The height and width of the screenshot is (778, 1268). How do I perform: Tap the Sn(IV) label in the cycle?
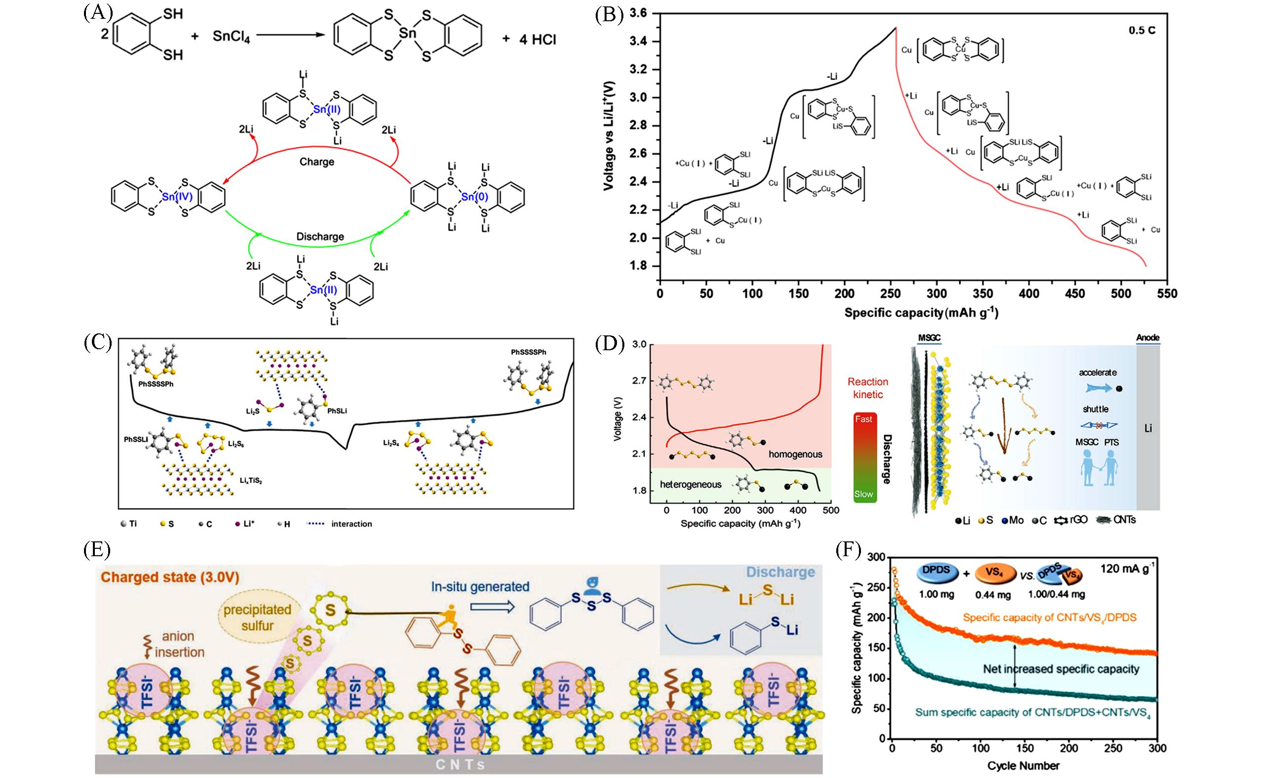point(177,197)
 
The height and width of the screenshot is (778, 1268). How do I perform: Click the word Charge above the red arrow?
point(317,162)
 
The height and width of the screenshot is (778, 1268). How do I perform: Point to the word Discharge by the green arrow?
point(320,237)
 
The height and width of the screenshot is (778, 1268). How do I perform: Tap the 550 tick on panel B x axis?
point(1167,294)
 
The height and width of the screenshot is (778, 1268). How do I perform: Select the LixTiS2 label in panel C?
point(251,481)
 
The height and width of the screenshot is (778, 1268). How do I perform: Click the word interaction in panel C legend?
point(352,524)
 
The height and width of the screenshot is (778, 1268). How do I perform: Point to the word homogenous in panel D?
point(795,454)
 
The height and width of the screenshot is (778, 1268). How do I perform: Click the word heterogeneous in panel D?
point(691,484)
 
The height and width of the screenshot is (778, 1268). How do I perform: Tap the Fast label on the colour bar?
point(863,419)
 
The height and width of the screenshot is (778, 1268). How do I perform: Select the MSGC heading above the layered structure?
point(929,338)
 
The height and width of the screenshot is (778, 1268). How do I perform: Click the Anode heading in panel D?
point(1147,337)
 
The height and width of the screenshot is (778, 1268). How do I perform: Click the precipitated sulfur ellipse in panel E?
point(257,617)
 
